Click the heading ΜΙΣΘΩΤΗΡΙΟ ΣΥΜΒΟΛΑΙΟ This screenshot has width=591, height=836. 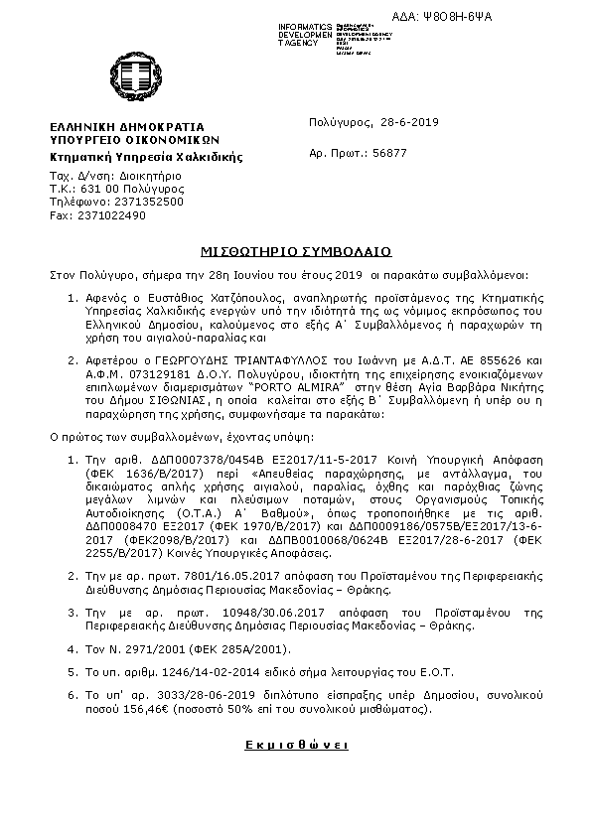[x=294, y=251]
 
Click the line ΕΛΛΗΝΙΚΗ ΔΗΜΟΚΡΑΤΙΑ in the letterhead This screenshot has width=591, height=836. [x=128, y=128]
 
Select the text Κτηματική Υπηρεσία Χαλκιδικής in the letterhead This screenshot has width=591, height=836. [x=146, y=157]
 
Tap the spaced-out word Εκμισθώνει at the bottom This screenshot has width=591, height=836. [x=294, y=743]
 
